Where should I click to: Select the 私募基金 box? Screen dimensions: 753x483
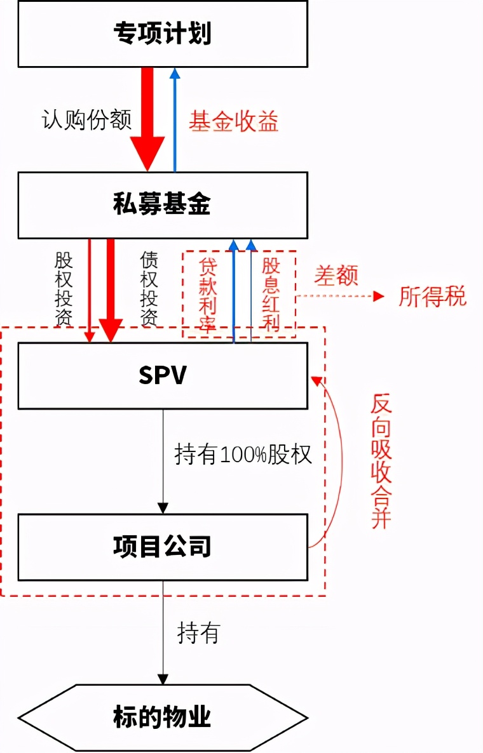163,205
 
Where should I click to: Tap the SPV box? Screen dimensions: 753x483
163,375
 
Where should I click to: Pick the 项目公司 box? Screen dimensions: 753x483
163,547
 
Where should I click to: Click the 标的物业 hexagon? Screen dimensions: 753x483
163,717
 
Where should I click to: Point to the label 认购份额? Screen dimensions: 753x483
86,120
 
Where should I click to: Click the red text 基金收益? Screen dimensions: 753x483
233,121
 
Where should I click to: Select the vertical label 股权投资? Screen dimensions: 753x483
64,289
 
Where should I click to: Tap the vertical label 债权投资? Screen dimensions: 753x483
148,289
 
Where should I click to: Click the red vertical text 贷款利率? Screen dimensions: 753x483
208,295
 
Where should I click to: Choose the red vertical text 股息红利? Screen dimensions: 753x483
271,295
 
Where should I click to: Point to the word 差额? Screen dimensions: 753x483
336,276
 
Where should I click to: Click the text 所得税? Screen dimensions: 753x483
432,296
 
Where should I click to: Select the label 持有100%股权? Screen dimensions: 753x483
243,455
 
